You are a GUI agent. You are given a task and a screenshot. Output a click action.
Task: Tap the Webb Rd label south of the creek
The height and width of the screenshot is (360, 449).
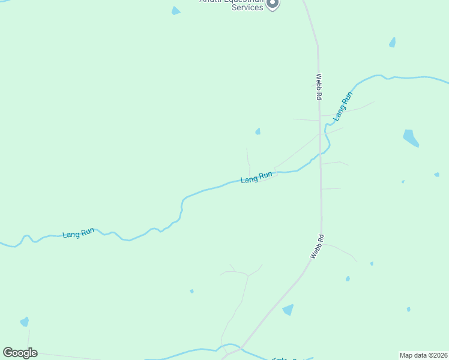pyautogui.click(x=317, y=246)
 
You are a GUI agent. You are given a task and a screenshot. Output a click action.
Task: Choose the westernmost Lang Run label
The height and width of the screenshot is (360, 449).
pyautogui.click(x=78, y=233)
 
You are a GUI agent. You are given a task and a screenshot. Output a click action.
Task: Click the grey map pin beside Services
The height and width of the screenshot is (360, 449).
pyautogui.click(x=273, y=4)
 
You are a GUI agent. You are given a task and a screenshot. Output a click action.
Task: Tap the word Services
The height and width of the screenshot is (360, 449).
pyautogui.click(x=247, y=7)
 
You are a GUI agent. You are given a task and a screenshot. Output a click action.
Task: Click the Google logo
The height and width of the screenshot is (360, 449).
pyautogui.click(x=20, y=353)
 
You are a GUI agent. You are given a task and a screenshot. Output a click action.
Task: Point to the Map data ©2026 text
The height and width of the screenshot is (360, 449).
pyautogui.click(x=424, y=355)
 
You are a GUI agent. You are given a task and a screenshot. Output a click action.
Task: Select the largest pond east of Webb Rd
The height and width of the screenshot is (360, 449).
pyautogui.click(x=411, y=138)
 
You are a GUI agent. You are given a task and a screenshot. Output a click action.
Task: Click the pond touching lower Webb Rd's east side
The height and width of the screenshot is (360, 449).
pyautogui.click(x=289, y=310)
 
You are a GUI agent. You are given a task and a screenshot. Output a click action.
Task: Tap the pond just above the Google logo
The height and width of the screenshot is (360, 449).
pyautogui.click(x=25, y=322)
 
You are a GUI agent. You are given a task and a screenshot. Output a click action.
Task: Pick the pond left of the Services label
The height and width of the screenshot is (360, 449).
pyautogui.click(x=175, y=11)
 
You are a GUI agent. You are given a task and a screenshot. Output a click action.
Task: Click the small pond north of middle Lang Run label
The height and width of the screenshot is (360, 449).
pyautogui.click(x=258, y=131)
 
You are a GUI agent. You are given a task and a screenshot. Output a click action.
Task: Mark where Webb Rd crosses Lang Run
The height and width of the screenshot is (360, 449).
pyautogui.click(x=321, y=153)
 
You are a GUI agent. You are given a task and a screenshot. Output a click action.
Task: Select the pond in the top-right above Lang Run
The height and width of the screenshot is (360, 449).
pyautogui.click(x=393, y=43)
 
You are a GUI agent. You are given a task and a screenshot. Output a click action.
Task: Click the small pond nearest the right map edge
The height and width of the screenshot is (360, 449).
pyautogui.click(x=436, y=175)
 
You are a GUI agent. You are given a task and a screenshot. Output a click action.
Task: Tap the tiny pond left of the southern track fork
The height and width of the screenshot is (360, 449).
pyautogui.click(x=191, y=292)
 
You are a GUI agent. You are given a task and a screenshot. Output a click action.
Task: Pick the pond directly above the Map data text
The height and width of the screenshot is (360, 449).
pyautogui.click(x=408, y=310)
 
